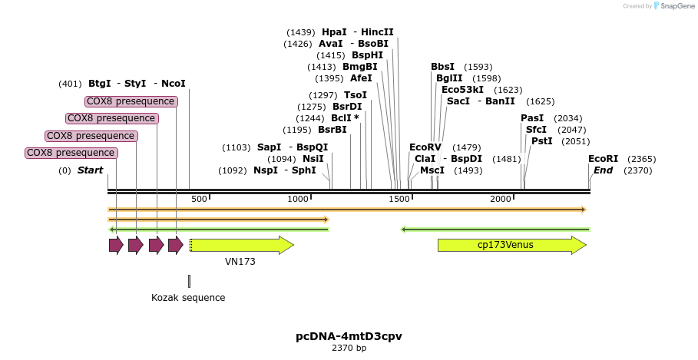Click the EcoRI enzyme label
coord(603,159)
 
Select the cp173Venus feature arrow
coord(511,245)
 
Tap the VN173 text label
coord(240,262)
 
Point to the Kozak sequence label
coord(188,298)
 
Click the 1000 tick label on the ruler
coord(298,200)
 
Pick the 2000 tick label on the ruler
coord(500,200)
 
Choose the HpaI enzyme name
coord(334,32)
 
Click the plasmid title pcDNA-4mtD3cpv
coord(349,336)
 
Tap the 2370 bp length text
coord(349,348)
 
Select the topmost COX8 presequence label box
coord(131,101)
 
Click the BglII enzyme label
coord(449,78)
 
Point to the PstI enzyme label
coord(541,141)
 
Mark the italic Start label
coord(90,170)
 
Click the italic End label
coord(603,170)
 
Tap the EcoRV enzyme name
coord(425,147)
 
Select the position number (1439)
coord(301,32)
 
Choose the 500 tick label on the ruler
coord(199,200)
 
